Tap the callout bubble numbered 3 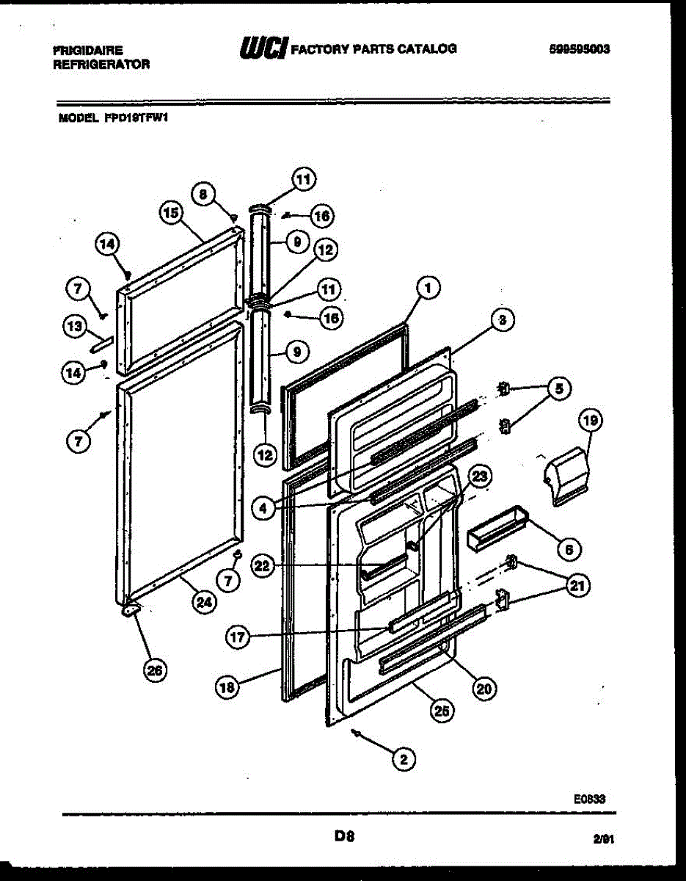(x=501, y=319)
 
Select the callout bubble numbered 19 (x=590, y=421)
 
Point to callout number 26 (x=155, y=670)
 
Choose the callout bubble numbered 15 (x=171, y=214)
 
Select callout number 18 (x=227, y=687)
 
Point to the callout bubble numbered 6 (x=569, y=548)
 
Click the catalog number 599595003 (x=580, y=50)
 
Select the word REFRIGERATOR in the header (x=101, y=65)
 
